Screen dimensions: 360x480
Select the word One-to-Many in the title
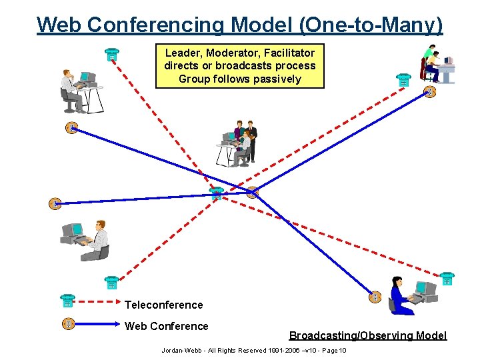click(371, 25)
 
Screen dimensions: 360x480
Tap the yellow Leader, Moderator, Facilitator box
click(240, 66)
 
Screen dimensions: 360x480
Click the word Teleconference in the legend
click(163, 305)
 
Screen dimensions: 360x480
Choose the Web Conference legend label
click(167, 326)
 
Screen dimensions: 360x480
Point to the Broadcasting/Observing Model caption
click(367, 335)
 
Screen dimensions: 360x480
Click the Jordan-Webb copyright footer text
click(253, 351)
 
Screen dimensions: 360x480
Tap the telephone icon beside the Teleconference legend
click(67, 301)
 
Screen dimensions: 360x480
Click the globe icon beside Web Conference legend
click(67, 324)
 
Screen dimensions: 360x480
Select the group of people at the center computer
click(238, 143)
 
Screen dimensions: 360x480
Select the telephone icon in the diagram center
click(216, 194)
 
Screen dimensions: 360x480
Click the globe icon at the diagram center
click(252, 193)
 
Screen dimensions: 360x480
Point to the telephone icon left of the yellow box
click(112, 55)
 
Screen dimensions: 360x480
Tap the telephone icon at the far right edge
click(447, 279)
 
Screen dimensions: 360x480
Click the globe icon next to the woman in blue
click(375, 297)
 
